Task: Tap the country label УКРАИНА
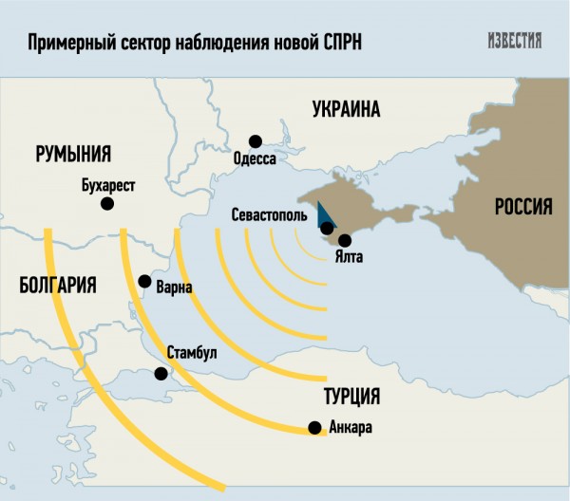[346, 110]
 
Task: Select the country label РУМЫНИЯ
[74, 154]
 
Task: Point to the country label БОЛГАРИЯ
[58, 284]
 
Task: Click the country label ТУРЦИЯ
[351, 396]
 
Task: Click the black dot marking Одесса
[254, 140]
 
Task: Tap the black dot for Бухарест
[107, 203]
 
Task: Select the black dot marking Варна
[144, 281]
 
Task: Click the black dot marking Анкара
[314, 428]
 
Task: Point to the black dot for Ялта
[344, 240]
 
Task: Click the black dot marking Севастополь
[327, 228]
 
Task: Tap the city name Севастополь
[269, 215]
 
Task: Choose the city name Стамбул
[192, 353]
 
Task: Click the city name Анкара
[349, 428]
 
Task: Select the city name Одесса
[254, 158]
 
